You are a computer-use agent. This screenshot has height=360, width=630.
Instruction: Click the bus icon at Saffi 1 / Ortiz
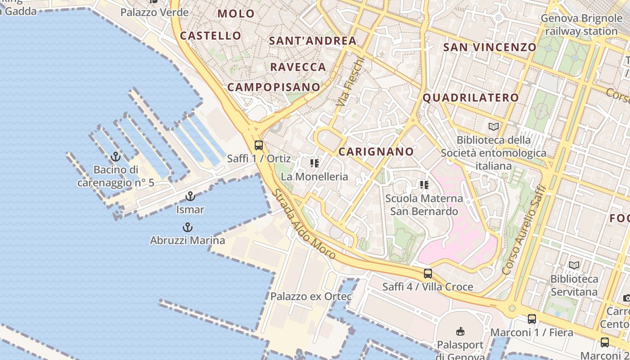259,145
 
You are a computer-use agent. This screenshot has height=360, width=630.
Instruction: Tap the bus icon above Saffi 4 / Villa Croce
427,273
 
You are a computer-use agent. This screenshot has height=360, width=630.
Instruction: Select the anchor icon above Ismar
190,196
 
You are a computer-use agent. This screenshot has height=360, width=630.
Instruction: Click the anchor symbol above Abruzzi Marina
187,227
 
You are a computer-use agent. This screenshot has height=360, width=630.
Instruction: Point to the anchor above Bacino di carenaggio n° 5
116,157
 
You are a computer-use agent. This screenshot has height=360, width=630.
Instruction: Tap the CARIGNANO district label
376,152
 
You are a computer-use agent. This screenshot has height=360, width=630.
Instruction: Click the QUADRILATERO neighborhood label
471,98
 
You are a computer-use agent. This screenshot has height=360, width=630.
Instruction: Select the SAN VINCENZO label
490,47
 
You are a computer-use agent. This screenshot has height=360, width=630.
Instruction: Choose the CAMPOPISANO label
274,87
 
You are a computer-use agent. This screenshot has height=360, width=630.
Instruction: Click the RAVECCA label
298,67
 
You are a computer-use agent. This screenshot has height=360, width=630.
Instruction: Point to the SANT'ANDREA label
312,41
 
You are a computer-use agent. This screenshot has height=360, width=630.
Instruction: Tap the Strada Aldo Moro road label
304,224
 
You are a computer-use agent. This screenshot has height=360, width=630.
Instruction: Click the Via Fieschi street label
350,81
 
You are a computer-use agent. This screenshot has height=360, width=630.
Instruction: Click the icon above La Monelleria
315,163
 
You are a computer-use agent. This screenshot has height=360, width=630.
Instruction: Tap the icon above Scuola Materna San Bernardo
423,184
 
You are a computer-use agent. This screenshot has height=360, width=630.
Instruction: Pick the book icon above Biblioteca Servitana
574,265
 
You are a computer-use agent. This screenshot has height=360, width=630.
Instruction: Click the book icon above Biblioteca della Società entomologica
494,126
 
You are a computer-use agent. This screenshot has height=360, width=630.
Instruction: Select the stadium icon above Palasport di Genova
460,332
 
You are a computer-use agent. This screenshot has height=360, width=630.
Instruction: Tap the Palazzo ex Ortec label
311,297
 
